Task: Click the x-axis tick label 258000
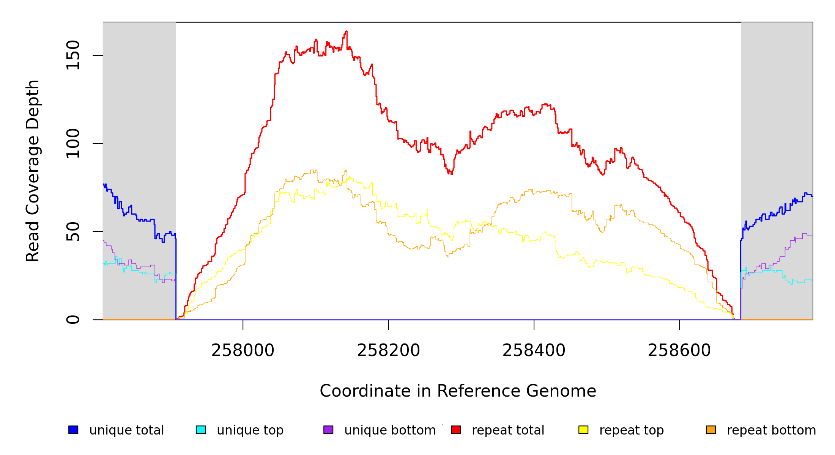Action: click(243, 351)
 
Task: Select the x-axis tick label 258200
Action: click(388, 351)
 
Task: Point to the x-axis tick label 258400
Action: click(534, 351)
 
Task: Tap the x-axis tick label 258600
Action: click(679, 351)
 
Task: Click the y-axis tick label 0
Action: click(73, 320)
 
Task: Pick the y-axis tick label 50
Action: click(73, 232)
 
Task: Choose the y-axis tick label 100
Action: click(73, 143)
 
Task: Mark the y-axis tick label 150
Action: click(73, 55)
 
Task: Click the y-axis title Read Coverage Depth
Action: click(33, 171)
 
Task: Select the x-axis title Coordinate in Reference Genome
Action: click(458, 391)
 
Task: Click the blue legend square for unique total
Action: click(73, 430)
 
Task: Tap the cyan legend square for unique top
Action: click(201, 430)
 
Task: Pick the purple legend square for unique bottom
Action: click(328, 430)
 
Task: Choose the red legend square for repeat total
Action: click(456, 430)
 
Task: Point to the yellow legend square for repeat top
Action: click(583, 430)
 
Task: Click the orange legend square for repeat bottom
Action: click(711, 430)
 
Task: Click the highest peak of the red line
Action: click(346, 31)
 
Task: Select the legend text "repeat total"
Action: click(508, 430)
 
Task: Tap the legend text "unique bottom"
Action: click(390, 430)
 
